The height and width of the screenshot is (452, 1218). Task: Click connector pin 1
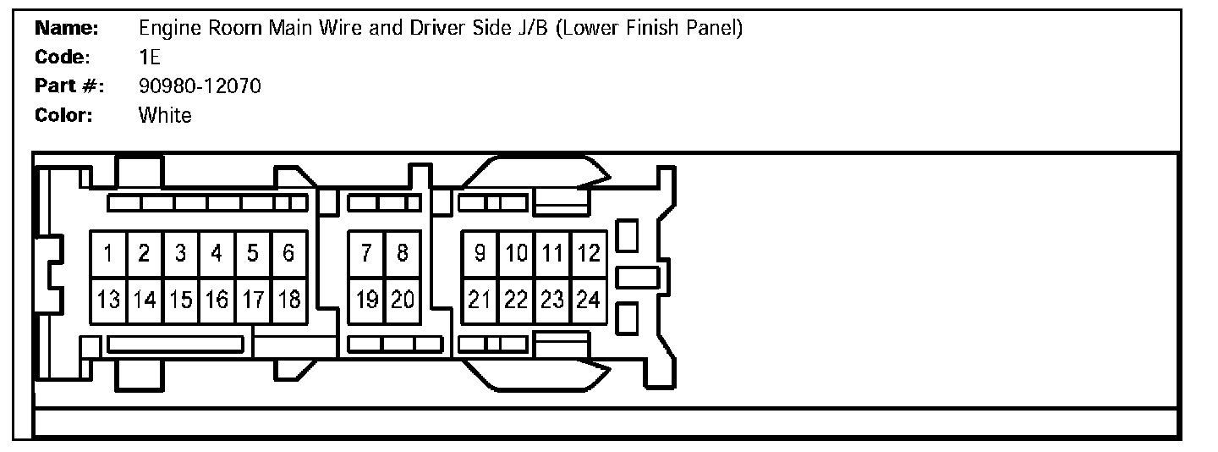click(x=108, y=253)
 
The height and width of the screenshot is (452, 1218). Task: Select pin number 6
click(x=288, y=253)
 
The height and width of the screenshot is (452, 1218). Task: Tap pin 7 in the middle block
click(x=366, y=253)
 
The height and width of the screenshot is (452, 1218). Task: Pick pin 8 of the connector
click(x=403, y=253)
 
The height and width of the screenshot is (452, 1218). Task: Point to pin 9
click(x=480, y=253)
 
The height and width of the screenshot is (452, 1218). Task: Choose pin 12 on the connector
click(x=589, y=253)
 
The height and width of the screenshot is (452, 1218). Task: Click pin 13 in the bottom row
click(x=108, y=300)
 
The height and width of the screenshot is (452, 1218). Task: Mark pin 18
click(x=288, y=300)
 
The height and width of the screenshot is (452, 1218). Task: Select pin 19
click(x=366, y=300)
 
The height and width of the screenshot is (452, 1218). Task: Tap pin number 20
click(x=403, y=300)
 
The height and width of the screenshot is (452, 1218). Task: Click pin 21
click(x=480, y=300)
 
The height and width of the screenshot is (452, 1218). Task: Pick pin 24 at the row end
click(x=589, y=300)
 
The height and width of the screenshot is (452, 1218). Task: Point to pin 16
click(x=217, y=300)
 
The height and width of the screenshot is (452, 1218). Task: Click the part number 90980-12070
click(x=200, y=85)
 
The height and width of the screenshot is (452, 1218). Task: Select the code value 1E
click(x=150, y=57)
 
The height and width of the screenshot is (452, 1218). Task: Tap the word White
click(x=165, y=115)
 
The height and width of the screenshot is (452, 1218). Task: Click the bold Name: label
click(x=68, y=28)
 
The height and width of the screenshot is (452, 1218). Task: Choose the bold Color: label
click(x=63, y=115)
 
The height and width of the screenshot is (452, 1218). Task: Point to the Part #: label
click(x=69, y=85)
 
